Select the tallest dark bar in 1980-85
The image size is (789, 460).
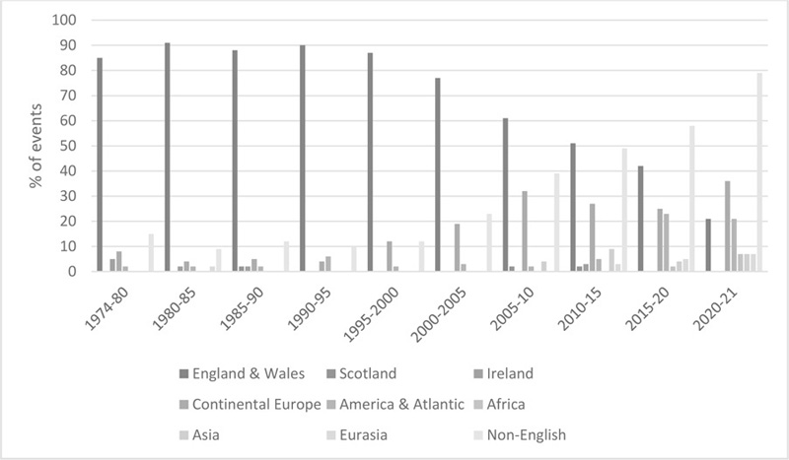(168, 157)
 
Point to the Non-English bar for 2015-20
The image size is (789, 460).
(692, 198)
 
